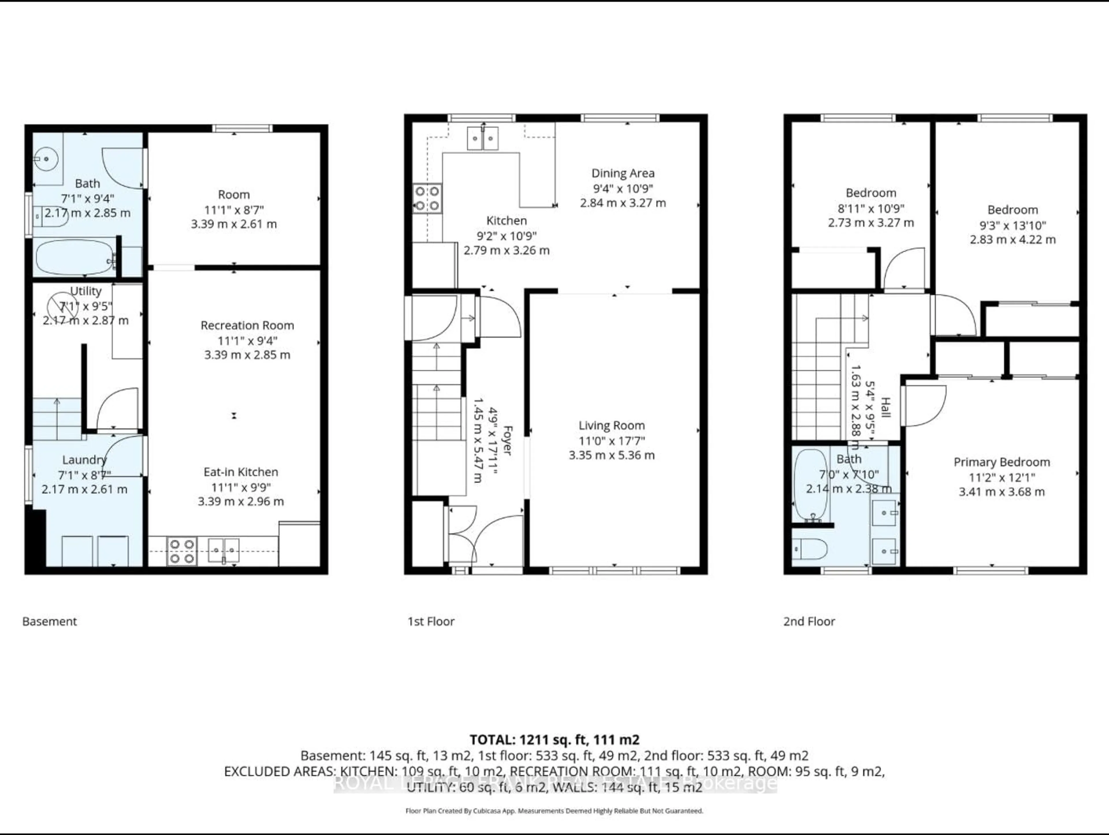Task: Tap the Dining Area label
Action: [623, 173]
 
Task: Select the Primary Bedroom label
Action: [1001, 462]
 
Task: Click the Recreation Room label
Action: [247, 325]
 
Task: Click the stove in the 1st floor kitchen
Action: [427, 199]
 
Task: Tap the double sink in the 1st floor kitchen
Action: [482, 138]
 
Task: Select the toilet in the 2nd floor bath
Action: [810, 549]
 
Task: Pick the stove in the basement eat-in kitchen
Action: [181, 551]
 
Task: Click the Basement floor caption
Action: [50, 621]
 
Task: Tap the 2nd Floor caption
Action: [809, 621]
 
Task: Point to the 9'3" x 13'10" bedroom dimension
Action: [1012, 225]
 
